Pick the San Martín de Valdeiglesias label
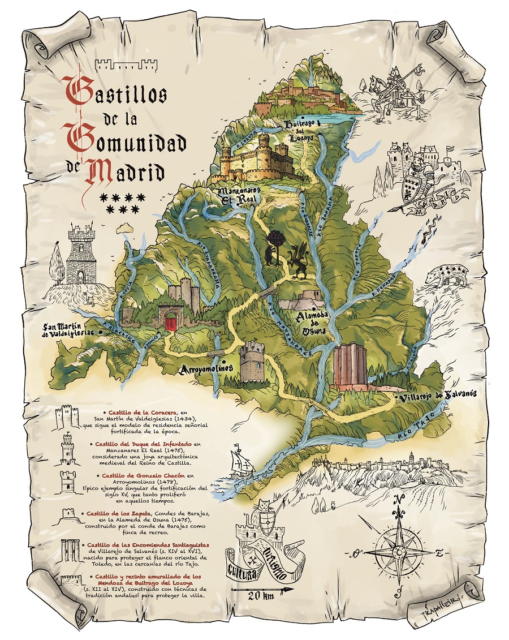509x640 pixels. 68,330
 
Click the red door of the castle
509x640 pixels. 170,323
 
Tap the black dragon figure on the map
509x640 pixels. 299,261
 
